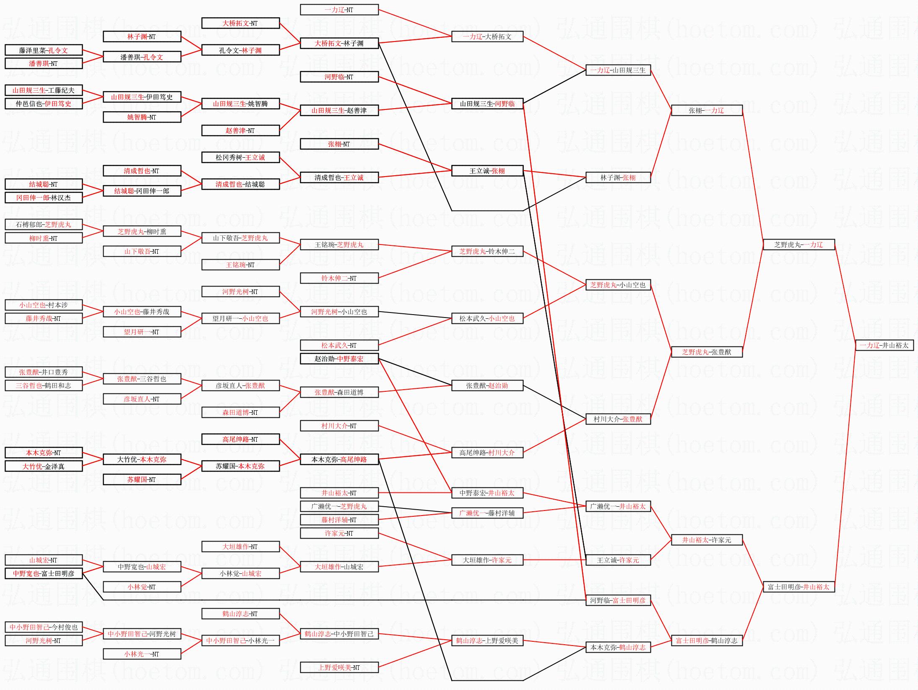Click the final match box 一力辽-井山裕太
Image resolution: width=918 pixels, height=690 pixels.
(x=884, y=345)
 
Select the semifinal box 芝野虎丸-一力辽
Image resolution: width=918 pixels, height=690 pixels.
(x=798, y=245)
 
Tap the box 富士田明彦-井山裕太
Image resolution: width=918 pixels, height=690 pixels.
(x=798, y=587)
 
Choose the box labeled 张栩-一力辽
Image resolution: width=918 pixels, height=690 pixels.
(x=707, y=110)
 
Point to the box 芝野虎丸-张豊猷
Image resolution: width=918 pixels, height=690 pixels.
(x=707, y=352)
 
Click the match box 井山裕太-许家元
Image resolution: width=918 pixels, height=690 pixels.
(x=707, y=540)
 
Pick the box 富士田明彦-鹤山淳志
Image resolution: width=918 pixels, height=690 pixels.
(x=707, y=641)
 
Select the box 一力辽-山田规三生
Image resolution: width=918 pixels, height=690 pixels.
(x=618, y=70)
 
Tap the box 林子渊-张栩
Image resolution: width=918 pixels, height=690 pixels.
(x=618, y=177)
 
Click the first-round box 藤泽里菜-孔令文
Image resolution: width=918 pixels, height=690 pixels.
(x=44, y=50)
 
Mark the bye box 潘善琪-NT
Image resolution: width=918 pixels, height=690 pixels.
(x=44, y=63)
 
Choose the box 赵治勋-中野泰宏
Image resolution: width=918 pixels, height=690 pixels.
(x=339, y=359)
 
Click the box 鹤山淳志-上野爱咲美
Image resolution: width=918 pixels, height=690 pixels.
(x=487, y=641)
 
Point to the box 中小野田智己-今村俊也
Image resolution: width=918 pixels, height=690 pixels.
(x=44, y=627)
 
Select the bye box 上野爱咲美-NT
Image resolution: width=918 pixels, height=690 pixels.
(x=339, y=667)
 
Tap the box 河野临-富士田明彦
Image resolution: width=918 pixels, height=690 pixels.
(x=618, y=600)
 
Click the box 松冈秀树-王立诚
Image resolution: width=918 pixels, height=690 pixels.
(x=240, y=157)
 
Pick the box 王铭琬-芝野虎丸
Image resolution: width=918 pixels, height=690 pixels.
(x=339, y=245)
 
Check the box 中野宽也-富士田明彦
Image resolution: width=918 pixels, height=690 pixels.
(x=44, y=573)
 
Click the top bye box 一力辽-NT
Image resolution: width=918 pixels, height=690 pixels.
(x=339, y=10)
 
